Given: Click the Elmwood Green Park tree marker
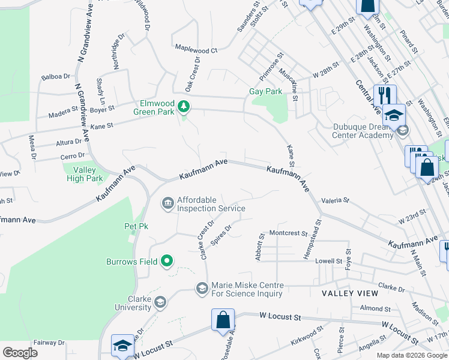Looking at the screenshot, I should coord(184,107).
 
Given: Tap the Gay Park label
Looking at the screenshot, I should coord(265,92).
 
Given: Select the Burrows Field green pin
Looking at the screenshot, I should coord(167,261).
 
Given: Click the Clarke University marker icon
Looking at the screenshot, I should coord(160,302).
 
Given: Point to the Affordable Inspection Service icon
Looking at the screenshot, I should coord(167,205).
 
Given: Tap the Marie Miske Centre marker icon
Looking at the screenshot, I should coord(202,289).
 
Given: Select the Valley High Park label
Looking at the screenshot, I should coord(83,173).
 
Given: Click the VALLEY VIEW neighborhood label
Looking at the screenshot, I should coord(350,293).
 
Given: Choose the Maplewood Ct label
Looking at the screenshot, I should coord(196,51).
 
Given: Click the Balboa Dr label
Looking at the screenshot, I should coord(56,77).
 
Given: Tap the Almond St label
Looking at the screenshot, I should coord(376,308).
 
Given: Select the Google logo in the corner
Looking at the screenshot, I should coord(20,352).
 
